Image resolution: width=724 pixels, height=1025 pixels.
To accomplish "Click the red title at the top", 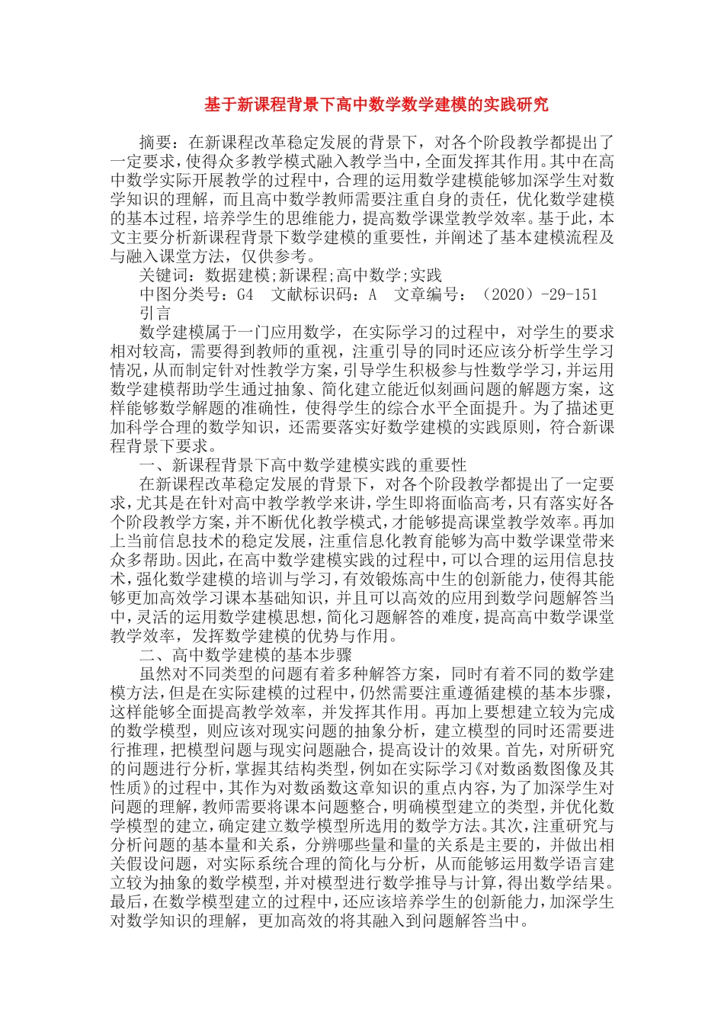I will click(x=376, y=104).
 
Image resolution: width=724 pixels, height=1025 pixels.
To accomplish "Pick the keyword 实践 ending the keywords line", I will click(x=426, y=275).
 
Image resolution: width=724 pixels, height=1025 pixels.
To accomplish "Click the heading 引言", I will click(x=156, y=313).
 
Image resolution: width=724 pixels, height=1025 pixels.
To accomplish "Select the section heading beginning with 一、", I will click(x=303, y=465).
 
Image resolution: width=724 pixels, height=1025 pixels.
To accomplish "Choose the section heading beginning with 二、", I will click(x=245, y=655).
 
